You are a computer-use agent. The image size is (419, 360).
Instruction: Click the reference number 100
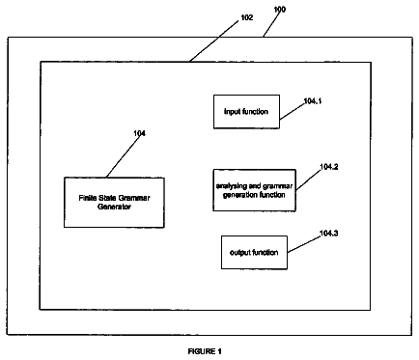[x=280, y=10]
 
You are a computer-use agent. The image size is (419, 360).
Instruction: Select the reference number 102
[x=247, y=17]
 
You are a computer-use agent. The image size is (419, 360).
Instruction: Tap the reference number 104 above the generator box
[x=139, y=133]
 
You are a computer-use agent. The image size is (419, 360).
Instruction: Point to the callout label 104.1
[x=313, y=101]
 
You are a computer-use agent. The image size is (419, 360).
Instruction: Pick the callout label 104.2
[x=328, y=167]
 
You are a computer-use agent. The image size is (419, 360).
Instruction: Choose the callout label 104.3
[x=328, y=233]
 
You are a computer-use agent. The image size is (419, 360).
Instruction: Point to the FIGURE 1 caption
[x=205, y=351]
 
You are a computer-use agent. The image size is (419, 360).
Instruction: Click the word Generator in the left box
[x=114, y=207]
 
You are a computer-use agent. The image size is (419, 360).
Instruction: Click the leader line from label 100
[x=270, y=24]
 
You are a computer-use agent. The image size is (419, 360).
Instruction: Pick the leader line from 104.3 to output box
[x=304, y=244]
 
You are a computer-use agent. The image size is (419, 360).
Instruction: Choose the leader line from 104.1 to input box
[x=293, y=111]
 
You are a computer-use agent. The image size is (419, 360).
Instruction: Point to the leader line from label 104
[x=124, y=156]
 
